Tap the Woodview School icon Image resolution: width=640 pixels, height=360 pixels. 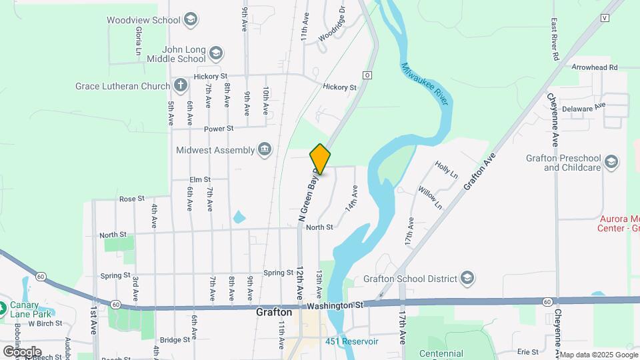[x=191, y=19]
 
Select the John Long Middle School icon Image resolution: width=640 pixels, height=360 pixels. [x=215, y=52]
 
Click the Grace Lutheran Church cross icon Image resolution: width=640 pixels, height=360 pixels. [x=180, y=85]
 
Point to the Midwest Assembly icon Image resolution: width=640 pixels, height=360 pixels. [x=265, y=149]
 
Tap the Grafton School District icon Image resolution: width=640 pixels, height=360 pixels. [x=467, y=279]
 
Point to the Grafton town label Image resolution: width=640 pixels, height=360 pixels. [x=274, y=312]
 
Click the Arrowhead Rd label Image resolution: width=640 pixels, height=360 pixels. [x=595, y=67]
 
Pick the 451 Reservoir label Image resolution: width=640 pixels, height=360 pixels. [x=352, y=341]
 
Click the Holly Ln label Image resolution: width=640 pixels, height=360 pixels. [x=446, y=170]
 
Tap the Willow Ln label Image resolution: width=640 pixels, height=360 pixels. [x=430, y=198]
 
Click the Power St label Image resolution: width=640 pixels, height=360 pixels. [x=219, y=128]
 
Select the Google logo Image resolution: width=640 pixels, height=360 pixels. [x=22, y=351]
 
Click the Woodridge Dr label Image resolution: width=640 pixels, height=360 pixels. [x=332, y=25]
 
